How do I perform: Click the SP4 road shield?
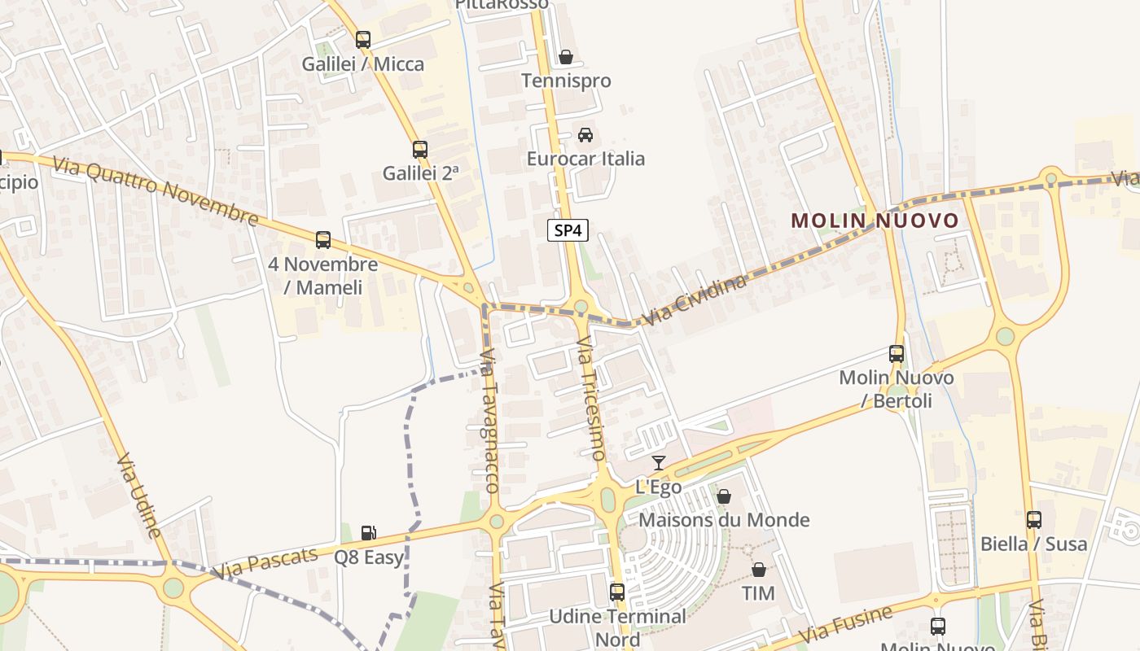pos(568,230)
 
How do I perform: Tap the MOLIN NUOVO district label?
pos(875,221)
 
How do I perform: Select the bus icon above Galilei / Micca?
pos(363,39)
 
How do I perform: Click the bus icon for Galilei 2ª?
pos(420,150)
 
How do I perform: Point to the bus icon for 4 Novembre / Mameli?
pos(323,240)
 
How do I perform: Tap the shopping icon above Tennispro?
pos(565,57)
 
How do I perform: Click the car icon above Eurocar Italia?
pos(585,135)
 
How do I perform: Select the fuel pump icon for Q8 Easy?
pos(369,533)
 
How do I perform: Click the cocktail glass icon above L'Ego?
pos(659,463)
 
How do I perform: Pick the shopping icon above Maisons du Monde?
pos(724,496)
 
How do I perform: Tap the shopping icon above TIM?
pos(758,570)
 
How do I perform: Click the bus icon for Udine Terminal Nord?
pos(617,592)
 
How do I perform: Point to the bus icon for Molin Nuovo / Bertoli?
pos(897,354)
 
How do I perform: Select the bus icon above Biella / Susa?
pos(1034,520)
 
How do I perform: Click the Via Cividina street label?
pos(694,299)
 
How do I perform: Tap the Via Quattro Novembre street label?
pos(156,190)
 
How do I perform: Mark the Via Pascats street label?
pos(264,563)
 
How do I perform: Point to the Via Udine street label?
pos(138,496)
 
